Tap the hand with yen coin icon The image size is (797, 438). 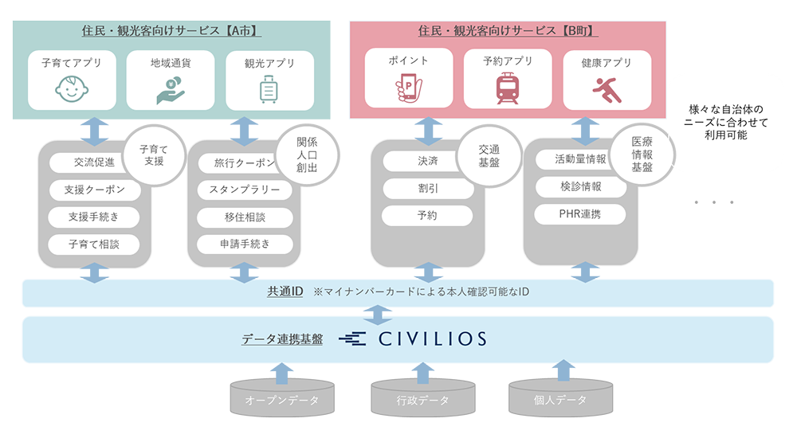171,90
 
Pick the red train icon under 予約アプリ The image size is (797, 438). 508,88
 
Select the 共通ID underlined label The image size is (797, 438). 285,292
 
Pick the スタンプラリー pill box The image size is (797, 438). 245,190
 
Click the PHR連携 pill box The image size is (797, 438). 580,214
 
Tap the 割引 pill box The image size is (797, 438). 428,189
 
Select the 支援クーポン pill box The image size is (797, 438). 95,190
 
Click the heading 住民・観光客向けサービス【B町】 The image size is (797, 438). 508,31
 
